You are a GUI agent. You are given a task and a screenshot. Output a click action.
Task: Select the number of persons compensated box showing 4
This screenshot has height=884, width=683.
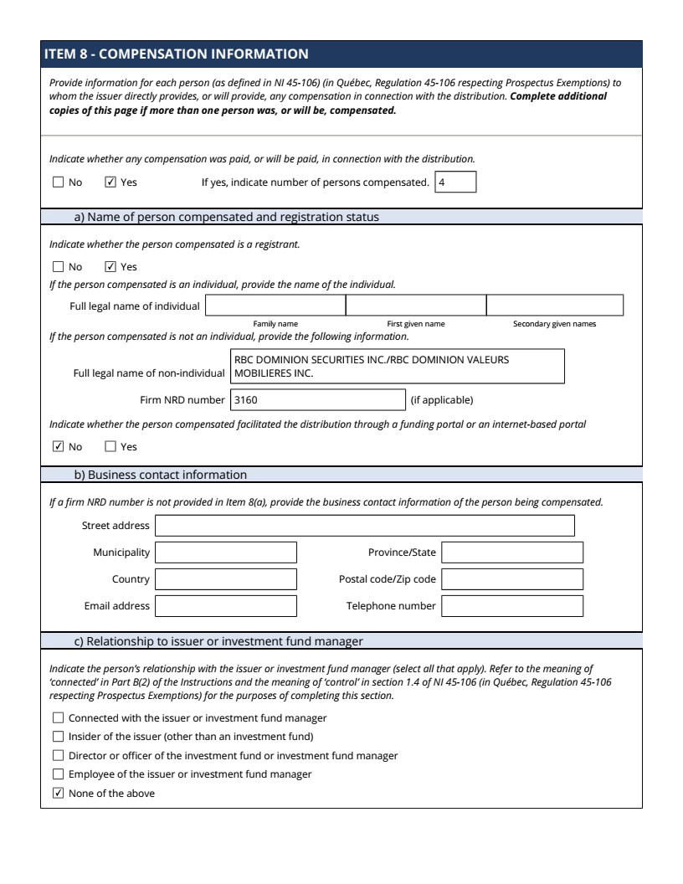(455, 182)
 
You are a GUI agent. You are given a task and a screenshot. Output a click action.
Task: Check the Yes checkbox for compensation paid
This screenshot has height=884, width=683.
(110, 182)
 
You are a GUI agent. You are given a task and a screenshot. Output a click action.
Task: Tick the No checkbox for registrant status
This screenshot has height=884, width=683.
(58, 267)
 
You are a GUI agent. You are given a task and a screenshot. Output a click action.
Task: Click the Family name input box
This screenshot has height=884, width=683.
(275, 306)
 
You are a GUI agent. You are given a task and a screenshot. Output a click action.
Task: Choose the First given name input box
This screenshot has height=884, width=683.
(416, 306)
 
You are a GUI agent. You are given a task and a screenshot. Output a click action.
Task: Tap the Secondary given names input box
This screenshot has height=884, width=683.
(555, 306)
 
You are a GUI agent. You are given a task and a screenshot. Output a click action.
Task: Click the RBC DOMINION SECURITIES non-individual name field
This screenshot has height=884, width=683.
(397, 367)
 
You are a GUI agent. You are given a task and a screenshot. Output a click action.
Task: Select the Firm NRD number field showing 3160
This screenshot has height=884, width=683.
(317, 400)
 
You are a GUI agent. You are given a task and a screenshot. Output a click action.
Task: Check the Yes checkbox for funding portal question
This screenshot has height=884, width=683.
(110, 447)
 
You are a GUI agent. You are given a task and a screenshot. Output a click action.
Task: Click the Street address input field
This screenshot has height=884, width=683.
(365, 526)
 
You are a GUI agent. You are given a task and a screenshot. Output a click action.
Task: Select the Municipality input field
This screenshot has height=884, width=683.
(226, 553)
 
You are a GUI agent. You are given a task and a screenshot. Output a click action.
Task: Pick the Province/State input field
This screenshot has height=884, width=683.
(512, 553)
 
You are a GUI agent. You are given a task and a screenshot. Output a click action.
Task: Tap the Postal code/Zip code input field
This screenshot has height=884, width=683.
(512, 579)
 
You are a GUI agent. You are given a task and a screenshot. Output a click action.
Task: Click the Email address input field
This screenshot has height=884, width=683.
(226, 606)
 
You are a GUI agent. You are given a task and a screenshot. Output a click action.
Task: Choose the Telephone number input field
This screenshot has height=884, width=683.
(512, 606)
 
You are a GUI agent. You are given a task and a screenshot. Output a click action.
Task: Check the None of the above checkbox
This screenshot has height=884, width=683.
(58, 794)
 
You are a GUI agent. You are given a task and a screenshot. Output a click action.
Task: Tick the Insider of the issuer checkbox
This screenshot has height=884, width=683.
(58, 737)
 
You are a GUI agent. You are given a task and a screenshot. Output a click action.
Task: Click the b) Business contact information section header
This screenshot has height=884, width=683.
(161, 475)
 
